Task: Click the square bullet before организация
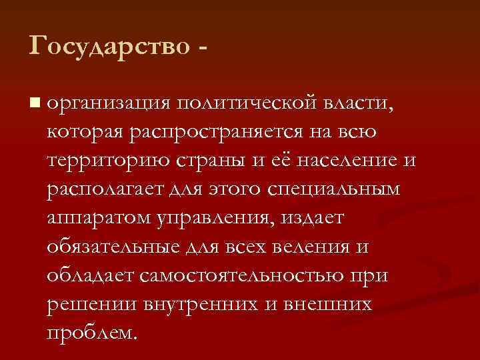pyautogui.click(x=34, y=103)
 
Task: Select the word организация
pyautogui.click(x=109, y=104)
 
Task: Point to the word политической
pyautogui.click(x=246, y=104)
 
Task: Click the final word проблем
pyautogui.click(x=94, y=333)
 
